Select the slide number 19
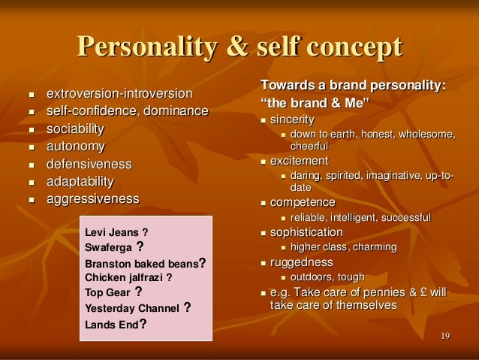(446, 335)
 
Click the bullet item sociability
(76, 129)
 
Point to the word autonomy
(76, 147)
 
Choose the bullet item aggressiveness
(93, 199)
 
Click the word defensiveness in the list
(89, 164)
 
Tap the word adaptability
(80, 181)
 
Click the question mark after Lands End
(143, 325)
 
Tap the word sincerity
(292, 120)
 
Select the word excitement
(299, 161)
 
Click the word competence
(303, 202)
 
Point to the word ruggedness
(301, 262)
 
